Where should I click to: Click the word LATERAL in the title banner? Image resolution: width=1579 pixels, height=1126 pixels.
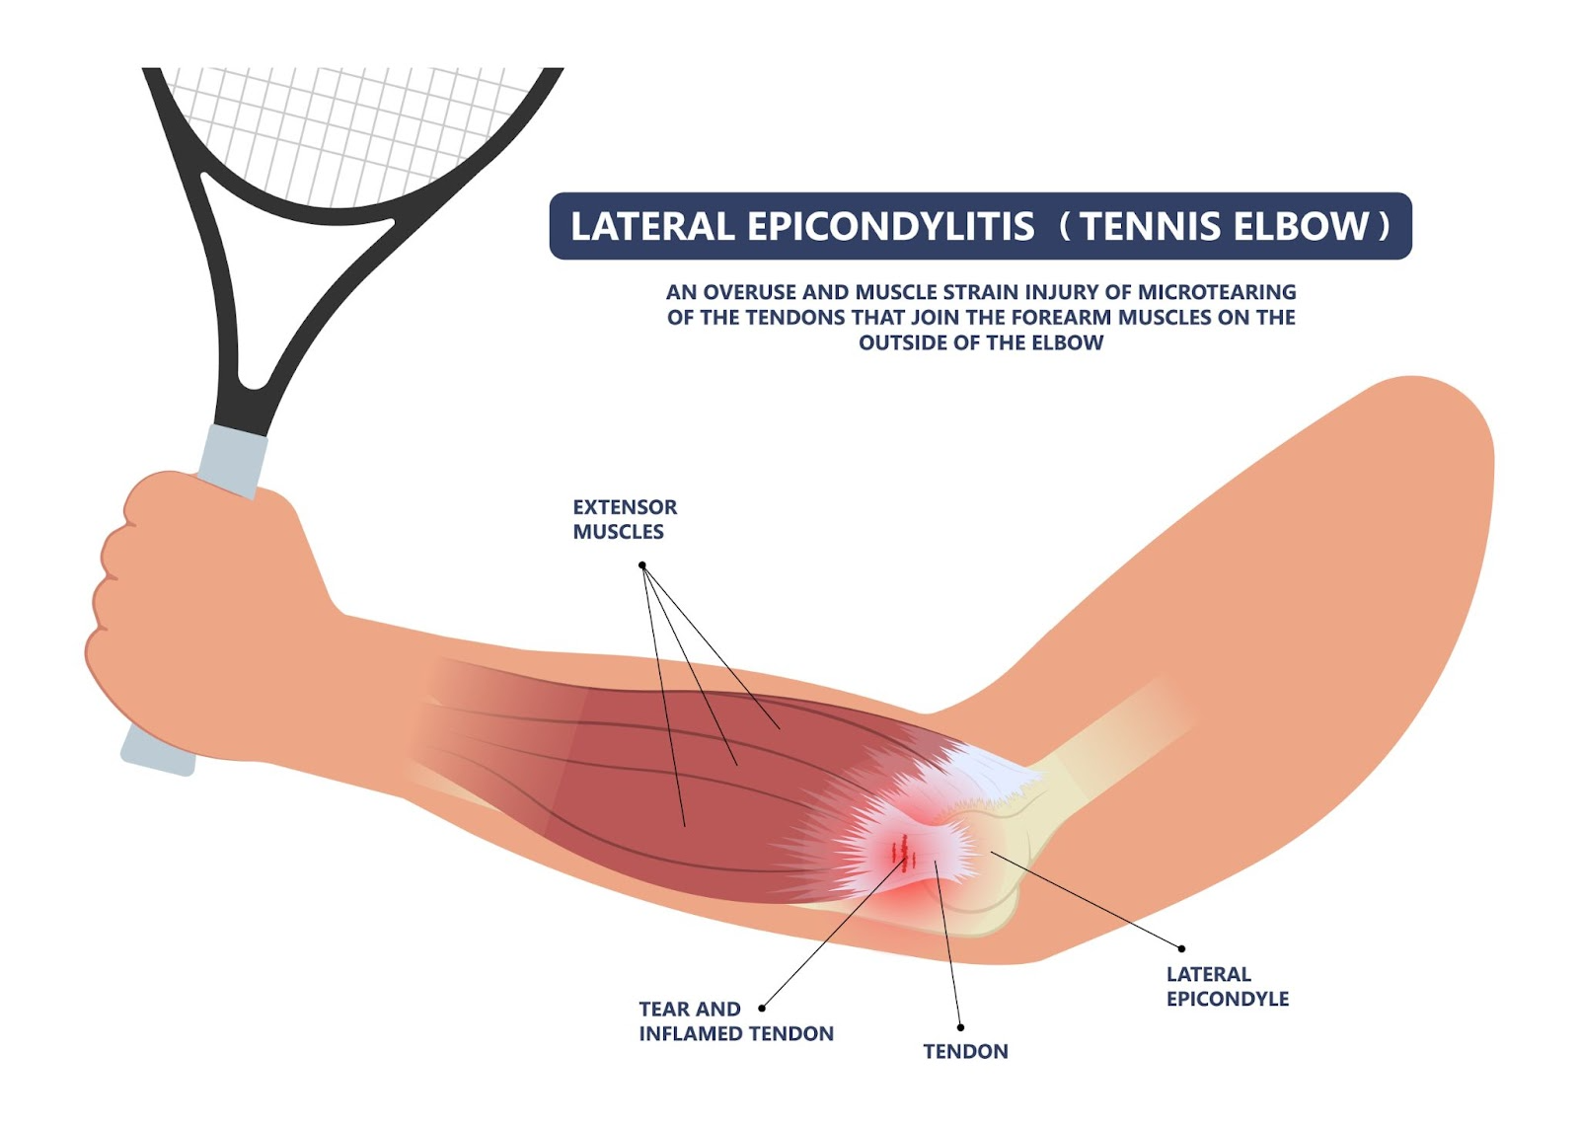pyautogui.click(x=651, y=227)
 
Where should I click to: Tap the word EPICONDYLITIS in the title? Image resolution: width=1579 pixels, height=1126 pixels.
pyautogui.click(x=890, y=227)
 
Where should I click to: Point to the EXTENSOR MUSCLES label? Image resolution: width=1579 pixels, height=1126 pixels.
pyautogui.click(x=625, y=519)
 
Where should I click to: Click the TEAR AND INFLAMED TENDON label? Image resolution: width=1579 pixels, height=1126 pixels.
pyautogui.click(x=735, y=1021)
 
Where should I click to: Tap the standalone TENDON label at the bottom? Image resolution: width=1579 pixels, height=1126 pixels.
pyautogui.click(x=965, y=1052)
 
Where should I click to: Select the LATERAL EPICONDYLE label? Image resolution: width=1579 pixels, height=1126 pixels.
pyautogui.click(x=1227, y=986)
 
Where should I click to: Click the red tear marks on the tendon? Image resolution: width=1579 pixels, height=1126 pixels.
pyautogui.click(x=902, y=851)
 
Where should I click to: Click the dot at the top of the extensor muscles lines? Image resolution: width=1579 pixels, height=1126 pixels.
pyautogui.click(x=641, y=565)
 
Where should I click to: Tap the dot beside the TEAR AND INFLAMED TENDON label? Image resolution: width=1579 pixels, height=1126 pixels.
pyautogui.click(x=762, y=1009)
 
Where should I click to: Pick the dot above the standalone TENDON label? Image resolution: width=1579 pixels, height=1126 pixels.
pyautogui.click(x=960, y=1027)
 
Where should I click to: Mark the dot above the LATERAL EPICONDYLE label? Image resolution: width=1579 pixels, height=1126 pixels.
pyautogui.click(x=1181, y=949)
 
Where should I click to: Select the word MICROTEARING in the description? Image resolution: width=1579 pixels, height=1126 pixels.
pyautogui.click(x=1217, y=292)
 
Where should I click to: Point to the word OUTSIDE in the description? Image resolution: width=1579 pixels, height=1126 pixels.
pyautogui.click(x=908, y=343)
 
